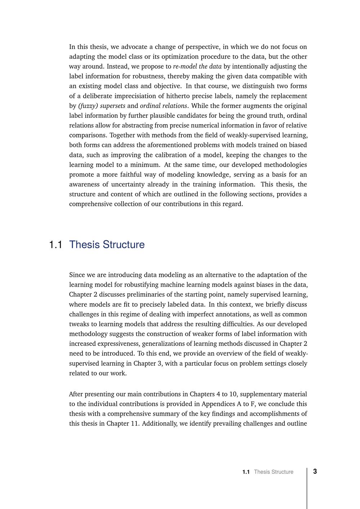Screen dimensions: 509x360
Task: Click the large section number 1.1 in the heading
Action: point(55,245)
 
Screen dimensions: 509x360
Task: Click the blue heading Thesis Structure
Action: point(107,244)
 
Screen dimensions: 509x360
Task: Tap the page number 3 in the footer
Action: point(315,472)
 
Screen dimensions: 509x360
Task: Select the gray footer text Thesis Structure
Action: point(274,472)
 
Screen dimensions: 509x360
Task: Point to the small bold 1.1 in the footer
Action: point(246,472)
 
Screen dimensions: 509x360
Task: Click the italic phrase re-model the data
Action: point(197,66)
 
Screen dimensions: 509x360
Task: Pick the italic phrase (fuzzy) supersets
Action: point(102,106)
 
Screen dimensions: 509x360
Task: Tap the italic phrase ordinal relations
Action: point(163,106)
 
